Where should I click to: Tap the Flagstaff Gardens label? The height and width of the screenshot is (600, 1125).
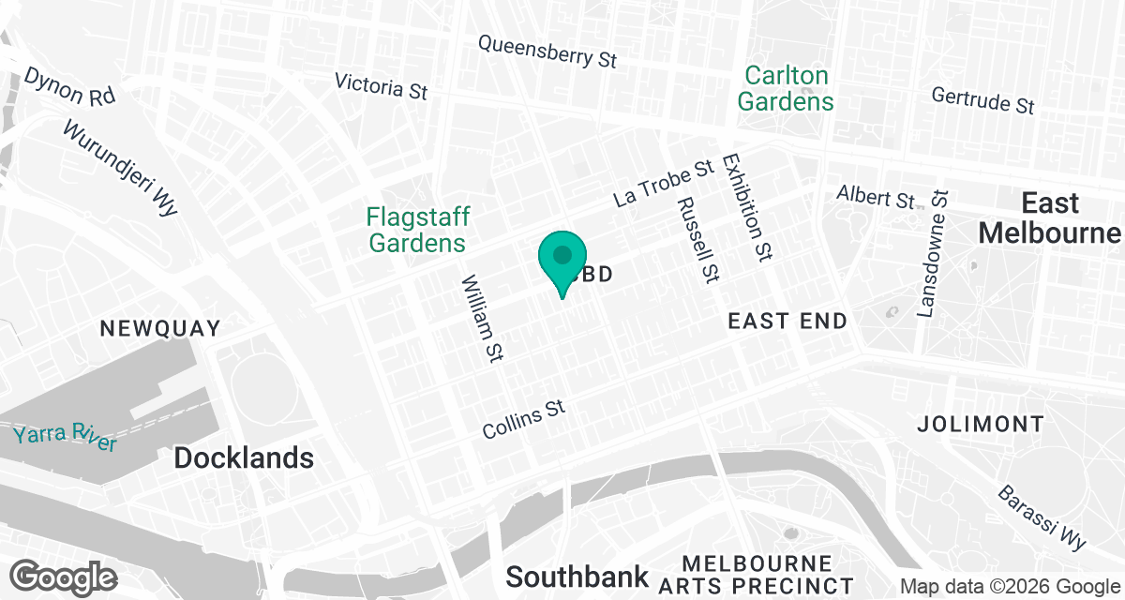coord(417,230)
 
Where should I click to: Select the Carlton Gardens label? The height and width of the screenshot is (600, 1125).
coord(786,88)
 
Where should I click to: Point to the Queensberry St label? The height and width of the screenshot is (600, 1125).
coord(547,52)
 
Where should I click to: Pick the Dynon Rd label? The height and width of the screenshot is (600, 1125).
coord(70,87)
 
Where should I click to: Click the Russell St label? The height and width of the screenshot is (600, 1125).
coord(697,239)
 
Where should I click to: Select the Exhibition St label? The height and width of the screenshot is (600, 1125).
coord(747,206)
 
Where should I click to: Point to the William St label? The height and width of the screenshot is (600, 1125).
coord(483,319)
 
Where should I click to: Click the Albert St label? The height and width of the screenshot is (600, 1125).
coord(876,198)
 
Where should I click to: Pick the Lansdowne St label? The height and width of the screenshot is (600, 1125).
coord(934,254)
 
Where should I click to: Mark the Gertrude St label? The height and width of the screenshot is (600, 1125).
coord(983,100)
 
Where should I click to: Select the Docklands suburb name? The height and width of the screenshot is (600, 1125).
coord(244,457)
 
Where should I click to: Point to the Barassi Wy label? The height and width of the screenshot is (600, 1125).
coord(1042,517)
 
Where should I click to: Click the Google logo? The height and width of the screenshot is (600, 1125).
coord(64,576)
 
